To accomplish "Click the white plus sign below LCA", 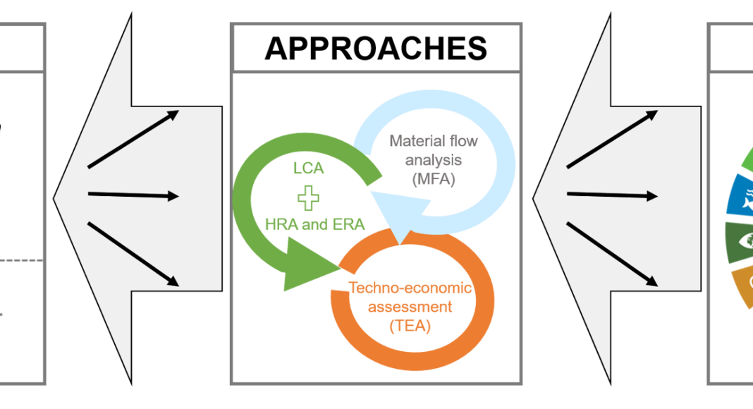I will coord(307,198).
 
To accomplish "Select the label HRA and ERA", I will coord(315,224).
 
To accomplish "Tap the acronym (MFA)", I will coord(433,181).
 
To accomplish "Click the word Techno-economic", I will coord(410,288).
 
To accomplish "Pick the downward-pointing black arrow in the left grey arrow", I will coord(133,254).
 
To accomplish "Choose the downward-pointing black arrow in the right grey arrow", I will coord(612,254).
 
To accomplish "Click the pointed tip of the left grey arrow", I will coord(57,198).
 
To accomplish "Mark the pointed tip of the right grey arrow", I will coord(537,198).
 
